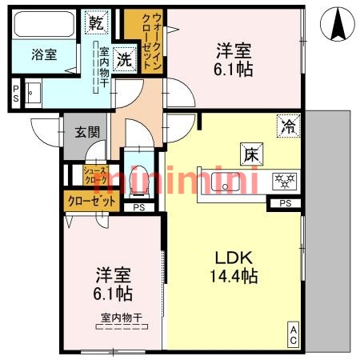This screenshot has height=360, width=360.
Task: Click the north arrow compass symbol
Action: tap(337, 25)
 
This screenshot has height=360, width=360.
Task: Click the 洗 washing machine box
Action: tap(123, 58)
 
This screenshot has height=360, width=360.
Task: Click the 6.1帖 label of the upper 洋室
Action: tap(234, 70)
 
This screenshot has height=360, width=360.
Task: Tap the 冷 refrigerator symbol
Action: tap(288, 124)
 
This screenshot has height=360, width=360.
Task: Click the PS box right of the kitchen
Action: tap(286, 203)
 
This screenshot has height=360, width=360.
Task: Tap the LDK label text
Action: tap(234, 258)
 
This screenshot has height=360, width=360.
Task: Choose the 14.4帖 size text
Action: tap(234, 277)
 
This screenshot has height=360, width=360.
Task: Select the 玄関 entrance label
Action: tap(87, 134)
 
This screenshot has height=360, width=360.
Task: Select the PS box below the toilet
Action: tap(139, 207)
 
